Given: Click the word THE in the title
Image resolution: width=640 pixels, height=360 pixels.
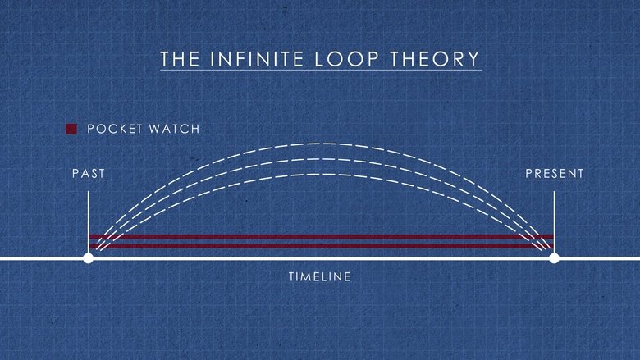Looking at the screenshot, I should tap(177, 60).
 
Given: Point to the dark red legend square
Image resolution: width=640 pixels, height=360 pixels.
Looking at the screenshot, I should tap(71, 129).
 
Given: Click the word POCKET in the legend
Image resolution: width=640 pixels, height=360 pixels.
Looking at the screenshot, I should tap(116, 129).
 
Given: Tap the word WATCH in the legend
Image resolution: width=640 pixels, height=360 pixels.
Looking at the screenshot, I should tap(175, 129).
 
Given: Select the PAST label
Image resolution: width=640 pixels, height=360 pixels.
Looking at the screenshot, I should tap(89, 174).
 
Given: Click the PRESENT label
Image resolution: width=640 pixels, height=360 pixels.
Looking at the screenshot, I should tap(555, 174).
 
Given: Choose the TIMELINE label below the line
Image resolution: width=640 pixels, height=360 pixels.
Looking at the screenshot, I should tap(320, 277).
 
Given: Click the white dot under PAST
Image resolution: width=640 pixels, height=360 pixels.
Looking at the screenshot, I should tap(89, 258).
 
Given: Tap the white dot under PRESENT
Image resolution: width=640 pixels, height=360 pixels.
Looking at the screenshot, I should tap(554, 258).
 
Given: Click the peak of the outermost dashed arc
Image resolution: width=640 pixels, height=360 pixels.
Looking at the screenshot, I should tap(320, 144).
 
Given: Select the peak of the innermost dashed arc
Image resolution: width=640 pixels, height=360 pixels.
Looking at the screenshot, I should tap(320, 174).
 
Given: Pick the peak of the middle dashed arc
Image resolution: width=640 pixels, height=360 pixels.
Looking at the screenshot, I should tap(320, 159).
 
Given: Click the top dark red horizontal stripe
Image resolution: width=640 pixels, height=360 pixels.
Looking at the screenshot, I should tap(320, 237).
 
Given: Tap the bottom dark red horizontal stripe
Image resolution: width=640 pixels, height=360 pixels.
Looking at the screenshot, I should tap(320, 246).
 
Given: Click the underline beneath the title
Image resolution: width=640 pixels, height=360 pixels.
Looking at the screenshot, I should tap(320, 71).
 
